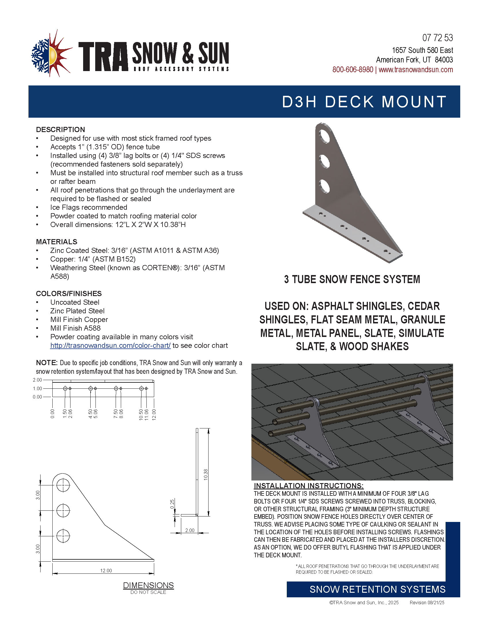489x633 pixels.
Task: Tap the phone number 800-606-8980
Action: [x=353, y=70]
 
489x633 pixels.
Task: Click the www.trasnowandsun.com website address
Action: [x=416, y=70]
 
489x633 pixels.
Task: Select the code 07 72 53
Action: [x=438, y=38]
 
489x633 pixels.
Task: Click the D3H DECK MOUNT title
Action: [x=364, y=102]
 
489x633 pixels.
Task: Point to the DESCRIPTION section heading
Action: [x=60, y=129]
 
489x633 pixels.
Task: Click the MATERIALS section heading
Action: [x=56, y=242]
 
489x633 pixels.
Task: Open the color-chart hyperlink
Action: [x=110, y=346]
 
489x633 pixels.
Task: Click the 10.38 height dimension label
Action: [x=206, y=474]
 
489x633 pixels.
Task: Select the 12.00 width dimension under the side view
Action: [x=106, y=570]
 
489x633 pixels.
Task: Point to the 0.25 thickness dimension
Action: [x=172, y=504]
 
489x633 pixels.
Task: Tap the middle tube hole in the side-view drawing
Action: [x=63, y=510]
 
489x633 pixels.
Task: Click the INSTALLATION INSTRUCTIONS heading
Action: [x=309, y=486]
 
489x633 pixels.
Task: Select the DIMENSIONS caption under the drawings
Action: [x=148, y=585]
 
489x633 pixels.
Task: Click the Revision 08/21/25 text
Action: [x=427, y=603]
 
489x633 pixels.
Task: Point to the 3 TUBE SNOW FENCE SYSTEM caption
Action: [x=352, y=279]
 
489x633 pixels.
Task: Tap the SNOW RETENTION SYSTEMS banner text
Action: [x=377, y=589]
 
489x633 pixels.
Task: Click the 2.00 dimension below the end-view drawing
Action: [x=190, y=530]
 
